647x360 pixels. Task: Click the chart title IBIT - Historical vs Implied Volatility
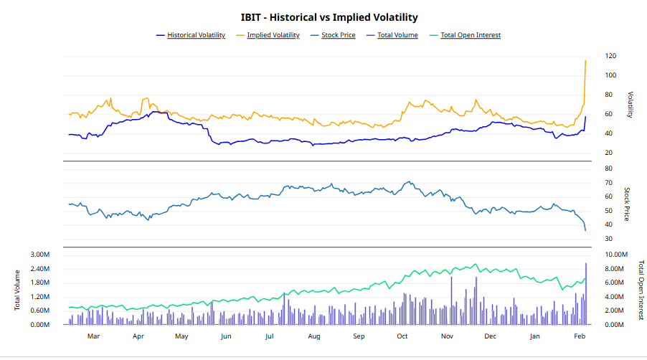click(x=329, y=17)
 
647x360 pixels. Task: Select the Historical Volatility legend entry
click(x=196, y=35)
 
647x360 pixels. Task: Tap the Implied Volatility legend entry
click(x=273, y=35)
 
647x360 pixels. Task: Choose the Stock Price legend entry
click(x=338, y=35)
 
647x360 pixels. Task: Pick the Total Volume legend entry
click(x=397, y=35)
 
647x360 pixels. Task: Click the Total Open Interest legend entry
click(x=470, y=35)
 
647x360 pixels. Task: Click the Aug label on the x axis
click(x=314, y=336)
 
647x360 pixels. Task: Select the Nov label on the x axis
click(x=447, y=336)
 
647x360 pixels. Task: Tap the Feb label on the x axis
click(x=580, y=336)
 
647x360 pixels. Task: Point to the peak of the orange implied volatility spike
click(x=586, y=60)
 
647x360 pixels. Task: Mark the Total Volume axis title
click(x=16, y=290)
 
